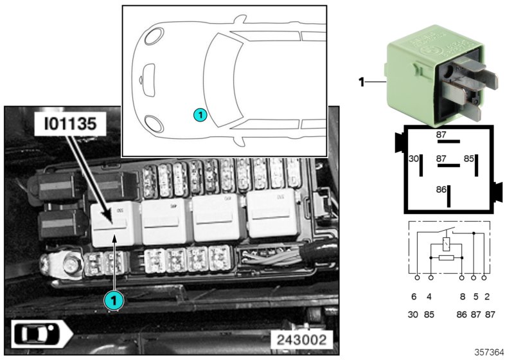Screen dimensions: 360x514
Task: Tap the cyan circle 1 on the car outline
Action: [x=199, y=115]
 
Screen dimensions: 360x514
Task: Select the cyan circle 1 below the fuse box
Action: [x=113, y=300]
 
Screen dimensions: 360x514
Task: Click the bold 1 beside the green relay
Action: [x=361, y=82]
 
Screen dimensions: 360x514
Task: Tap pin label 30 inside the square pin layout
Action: [x=414, y=158]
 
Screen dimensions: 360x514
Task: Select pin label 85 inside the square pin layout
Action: [x=469, y=158]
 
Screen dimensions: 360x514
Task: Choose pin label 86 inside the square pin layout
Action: [x=441, y=190]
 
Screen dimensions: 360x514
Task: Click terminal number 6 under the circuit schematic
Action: [x=414, y=297]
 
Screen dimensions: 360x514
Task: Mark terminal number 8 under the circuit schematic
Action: [x=461, y=297]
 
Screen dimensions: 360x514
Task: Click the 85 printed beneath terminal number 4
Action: [x=430, y=315]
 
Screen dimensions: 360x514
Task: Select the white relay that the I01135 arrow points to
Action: [x=113, y=224]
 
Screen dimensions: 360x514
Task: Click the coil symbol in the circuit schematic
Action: [x=447, y=245]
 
